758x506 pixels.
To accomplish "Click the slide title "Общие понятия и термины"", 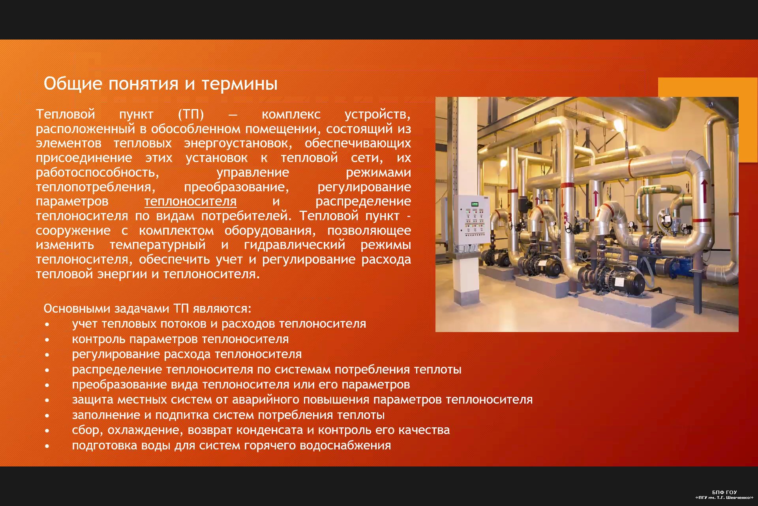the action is point(160,84).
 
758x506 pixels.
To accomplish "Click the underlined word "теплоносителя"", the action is point(190,202).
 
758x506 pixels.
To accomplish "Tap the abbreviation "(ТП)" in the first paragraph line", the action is point(191,114).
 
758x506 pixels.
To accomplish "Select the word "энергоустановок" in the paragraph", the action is point(238,143).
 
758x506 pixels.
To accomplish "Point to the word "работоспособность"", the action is point(97,173).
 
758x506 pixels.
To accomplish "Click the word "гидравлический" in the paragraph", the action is point(295,245).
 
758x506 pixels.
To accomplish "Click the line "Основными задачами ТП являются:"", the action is point(147,308).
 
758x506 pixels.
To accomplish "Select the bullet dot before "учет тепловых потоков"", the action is point(47,325).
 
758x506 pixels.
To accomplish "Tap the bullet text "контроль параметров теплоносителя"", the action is point(180,339).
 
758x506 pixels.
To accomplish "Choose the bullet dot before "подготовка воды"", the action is point(47,446).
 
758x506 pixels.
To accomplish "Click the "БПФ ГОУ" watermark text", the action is point(724,492).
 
